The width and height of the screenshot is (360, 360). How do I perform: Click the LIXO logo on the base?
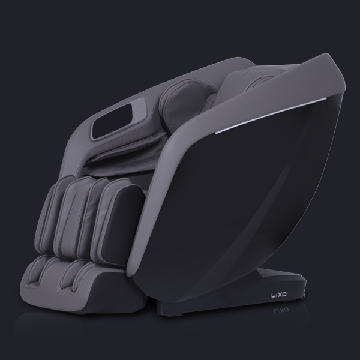279,295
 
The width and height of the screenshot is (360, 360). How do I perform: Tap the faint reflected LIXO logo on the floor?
281,310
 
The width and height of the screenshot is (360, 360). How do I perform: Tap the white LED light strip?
271,116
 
